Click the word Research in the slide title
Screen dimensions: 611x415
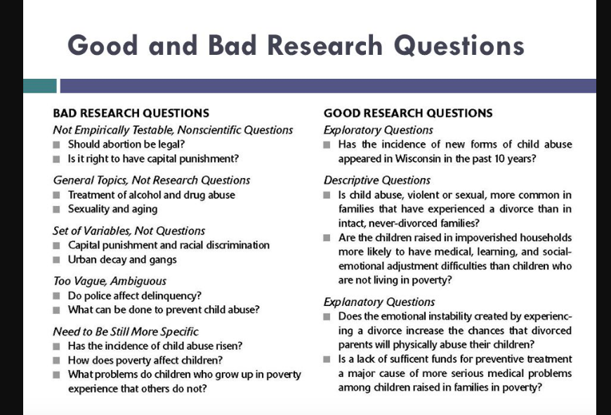325,45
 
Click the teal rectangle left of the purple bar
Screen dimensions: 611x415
40,86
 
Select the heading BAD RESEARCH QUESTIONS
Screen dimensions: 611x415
131,113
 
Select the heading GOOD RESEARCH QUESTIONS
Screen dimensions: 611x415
408,113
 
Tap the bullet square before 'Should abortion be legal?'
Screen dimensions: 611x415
56,145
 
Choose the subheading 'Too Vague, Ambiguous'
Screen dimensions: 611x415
110,281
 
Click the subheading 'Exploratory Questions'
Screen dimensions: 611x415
378,130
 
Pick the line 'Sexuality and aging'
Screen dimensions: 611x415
112,209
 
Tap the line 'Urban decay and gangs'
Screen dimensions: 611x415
122,260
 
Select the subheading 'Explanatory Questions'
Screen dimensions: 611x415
379,302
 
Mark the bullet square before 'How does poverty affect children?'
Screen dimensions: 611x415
56,360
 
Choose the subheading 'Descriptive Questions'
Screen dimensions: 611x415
377,180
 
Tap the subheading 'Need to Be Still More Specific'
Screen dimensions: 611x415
126,332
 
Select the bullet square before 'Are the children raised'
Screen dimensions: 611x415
327,238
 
